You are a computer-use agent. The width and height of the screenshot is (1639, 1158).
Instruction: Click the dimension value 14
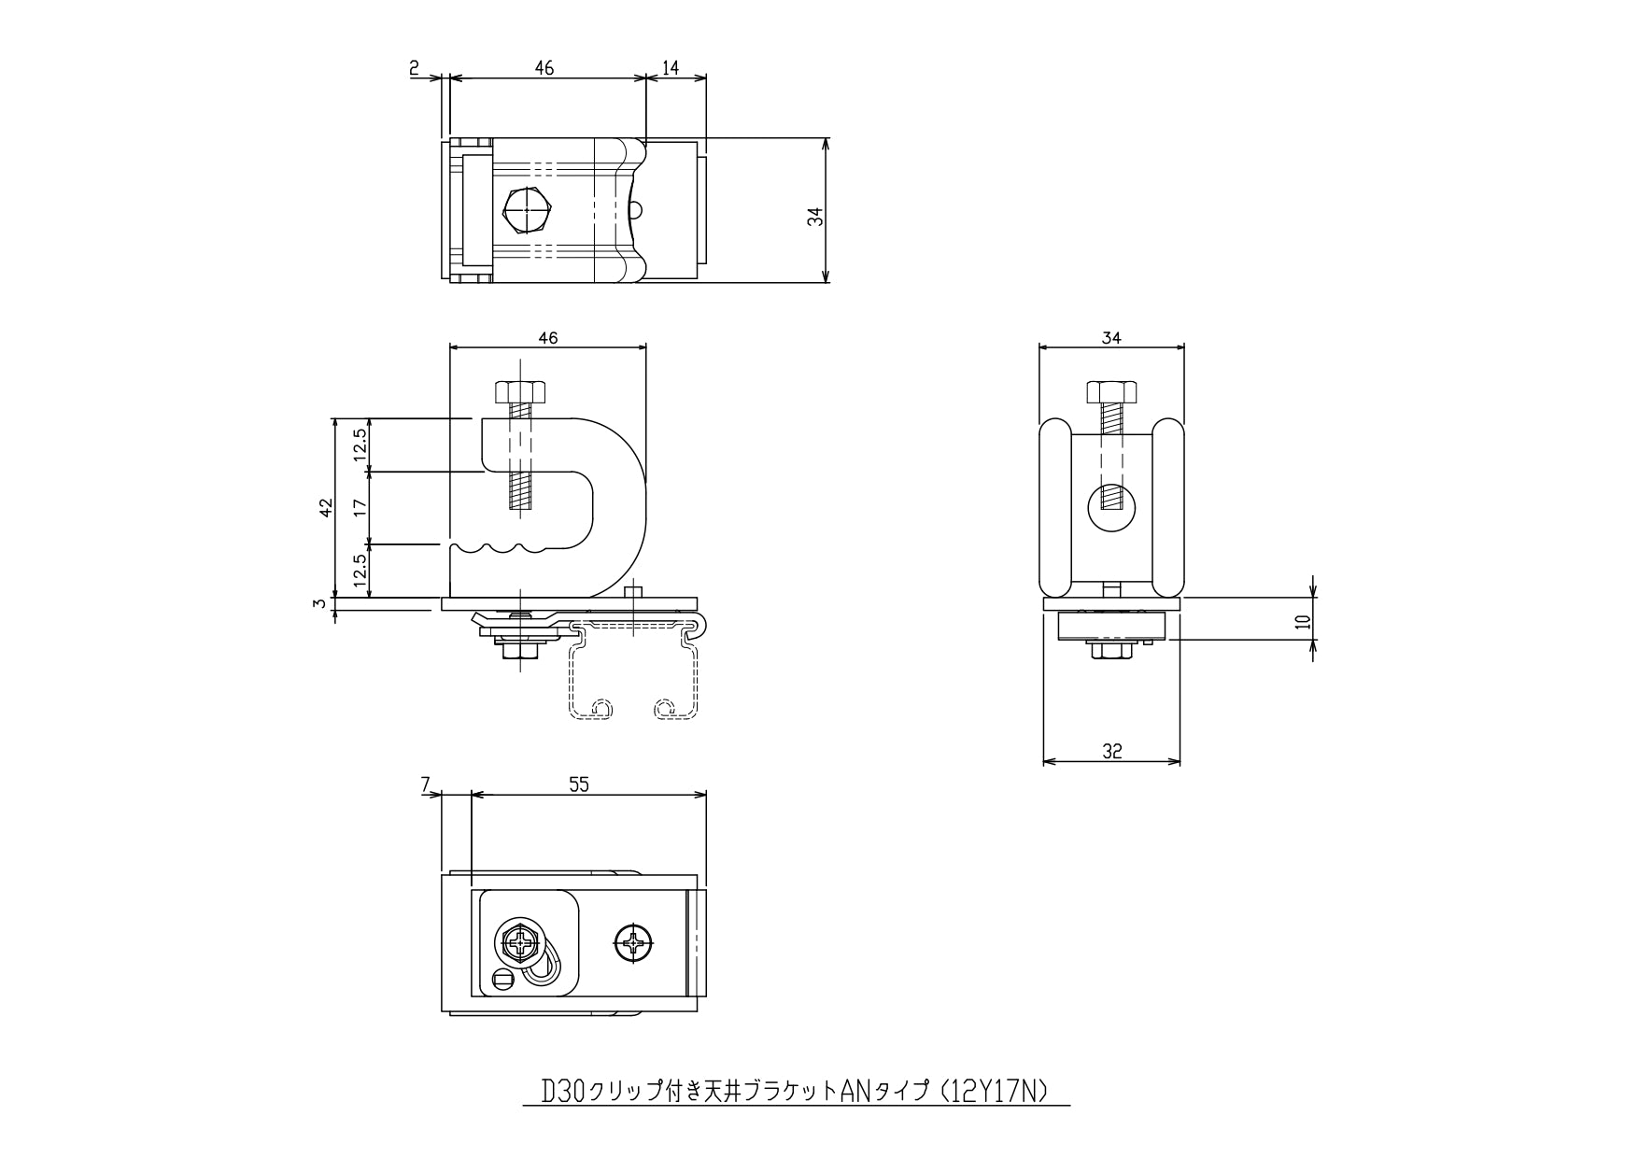pos(671,67)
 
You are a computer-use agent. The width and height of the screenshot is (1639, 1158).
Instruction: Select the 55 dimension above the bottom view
pos(579,785)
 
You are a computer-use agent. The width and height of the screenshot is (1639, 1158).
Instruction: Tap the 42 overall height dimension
pos(326,508)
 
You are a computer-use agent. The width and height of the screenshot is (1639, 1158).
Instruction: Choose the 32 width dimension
pos(1111,751)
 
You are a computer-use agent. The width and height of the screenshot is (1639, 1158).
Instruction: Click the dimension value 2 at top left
pos(414,67)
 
